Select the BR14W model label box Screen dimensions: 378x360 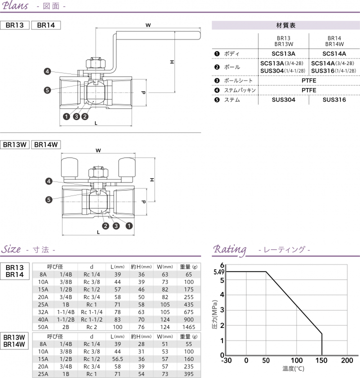point(46,144)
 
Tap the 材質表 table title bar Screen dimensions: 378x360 point(285,25)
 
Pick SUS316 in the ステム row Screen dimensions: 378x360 point(333,100)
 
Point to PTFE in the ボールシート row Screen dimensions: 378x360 point(309,80)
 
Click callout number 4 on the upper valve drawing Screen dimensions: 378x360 point(47,71)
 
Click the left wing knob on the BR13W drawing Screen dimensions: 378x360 point(69,166)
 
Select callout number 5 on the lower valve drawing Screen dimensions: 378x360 point(49,199)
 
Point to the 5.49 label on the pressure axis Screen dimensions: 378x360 point(218,272)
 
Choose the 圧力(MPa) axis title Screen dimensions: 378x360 point(214,314)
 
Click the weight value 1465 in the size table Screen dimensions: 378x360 point(188,326)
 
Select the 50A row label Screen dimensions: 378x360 point(43,326)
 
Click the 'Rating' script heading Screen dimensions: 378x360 point(230,249)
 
